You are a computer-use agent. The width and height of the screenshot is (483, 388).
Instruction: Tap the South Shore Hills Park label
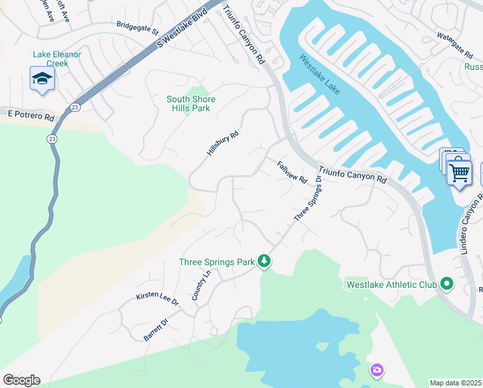191,103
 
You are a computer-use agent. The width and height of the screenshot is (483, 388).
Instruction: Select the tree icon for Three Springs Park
263,261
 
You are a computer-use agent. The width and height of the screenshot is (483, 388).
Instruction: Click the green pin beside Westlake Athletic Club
446,284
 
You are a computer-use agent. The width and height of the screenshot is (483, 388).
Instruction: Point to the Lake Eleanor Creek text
57,59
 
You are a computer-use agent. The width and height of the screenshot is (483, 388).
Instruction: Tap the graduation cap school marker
42,79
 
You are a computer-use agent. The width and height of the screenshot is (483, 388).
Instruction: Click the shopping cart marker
459,173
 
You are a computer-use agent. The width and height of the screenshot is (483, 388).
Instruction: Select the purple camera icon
376,370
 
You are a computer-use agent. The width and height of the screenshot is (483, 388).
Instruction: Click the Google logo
21,380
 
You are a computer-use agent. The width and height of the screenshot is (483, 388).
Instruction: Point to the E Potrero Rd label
31,115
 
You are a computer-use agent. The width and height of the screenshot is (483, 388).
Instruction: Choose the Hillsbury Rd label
223,144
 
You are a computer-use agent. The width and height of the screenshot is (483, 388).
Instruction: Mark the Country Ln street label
201,285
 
